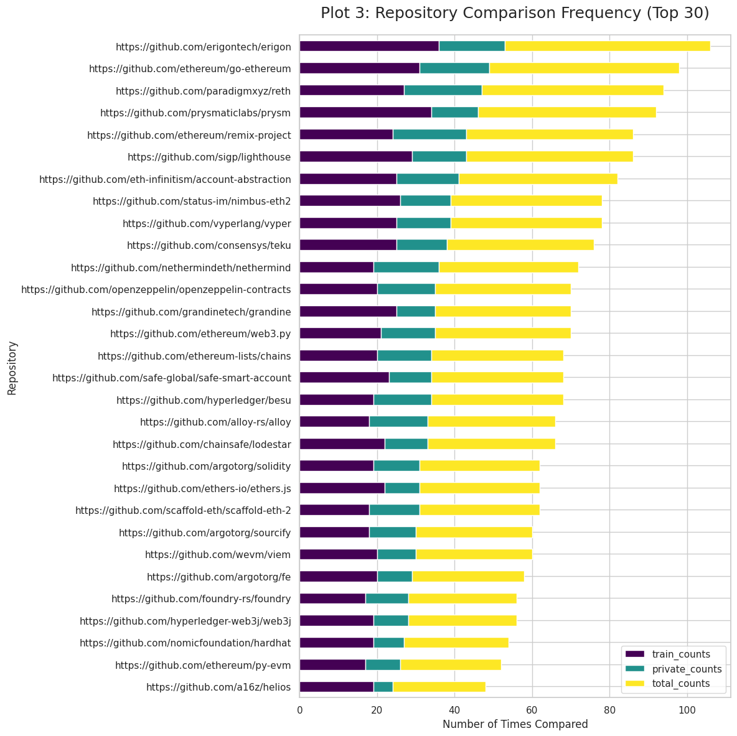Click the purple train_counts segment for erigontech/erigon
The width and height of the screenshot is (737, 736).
coord(369,46)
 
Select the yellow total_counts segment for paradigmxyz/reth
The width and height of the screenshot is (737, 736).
coord(573,90)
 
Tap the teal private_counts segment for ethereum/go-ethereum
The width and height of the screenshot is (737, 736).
coord(454,68)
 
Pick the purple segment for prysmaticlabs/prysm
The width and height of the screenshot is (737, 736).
coord(365,112)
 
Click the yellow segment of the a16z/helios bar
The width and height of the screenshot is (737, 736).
coord(439,687)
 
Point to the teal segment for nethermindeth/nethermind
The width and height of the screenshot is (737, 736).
coord(406,267)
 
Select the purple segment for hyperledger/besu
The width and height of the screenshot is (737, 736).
coord(336,399)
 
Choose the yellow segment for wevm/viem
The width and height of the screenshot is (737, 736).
coord(474,554)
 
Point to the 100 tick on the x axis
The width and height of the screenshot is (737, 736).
coord(687,709)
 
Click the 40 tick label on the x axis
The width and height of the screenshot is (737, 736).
coord(454,709)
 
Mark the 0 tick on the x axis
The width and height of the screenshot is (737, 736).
coord(300,709)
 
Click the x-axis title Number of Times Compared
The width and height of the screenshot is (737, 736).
coord(515,724)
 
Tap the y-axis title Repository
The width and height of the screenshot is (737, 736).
coord(12,367)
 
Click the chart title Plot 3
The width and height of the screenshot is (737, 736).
coord(515,13)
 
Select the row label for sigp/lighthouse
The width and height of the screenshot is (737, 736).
coord(209,157)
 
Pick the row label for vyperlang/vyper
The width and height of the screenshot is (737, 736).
coord(207,223)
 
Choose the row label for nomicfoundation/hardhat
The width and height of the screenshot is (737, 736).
coord(185,643)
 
